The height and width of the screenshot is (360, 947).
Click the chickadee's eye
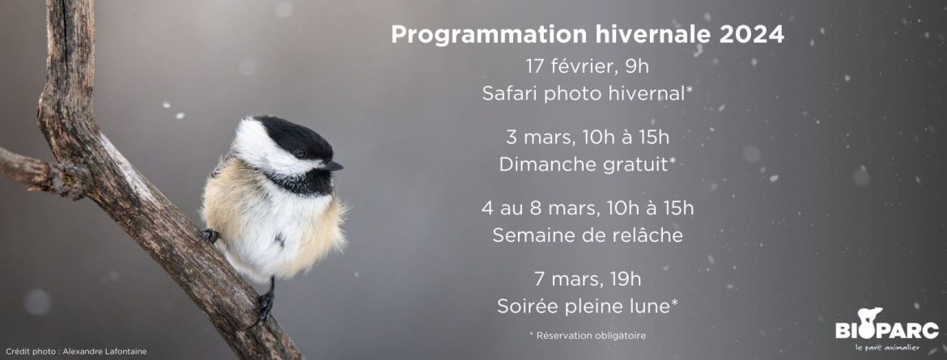[300, 154]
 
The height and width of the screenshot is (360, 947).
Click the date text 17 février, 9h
[587, 66]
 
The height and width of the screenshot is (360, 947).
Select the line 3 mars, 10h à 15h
[588, 137]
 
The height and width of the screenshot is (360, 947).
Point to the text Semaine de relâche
[588, 235]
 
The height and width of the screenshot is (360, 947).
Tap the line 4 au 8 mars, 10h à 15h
[588, 209]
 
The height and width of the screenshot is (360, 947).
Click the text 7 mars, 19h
[587, 279]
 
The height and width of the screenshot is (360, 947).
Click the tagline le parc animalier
[887, 347]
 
